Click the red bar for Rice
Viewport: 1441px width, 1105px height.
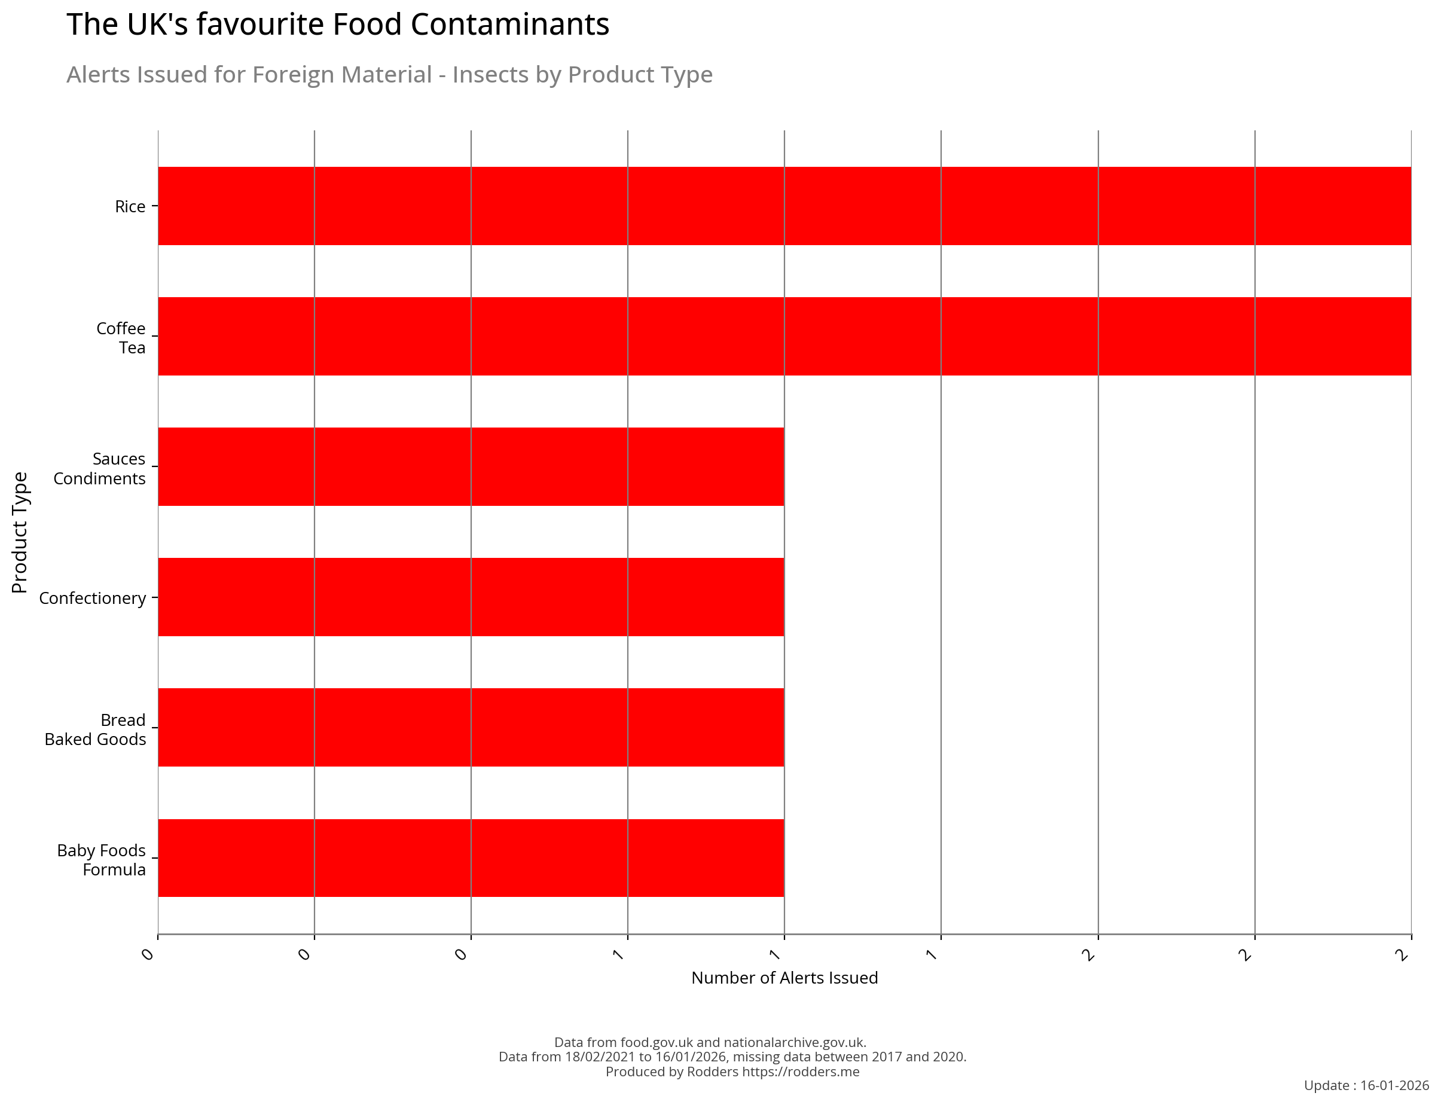click(x=784, y=206)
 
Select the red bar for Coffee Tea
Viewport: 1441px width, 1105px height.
click(x=784, y=336)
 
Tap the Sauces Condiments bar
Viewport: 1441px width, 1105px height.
click(x=471, y=466)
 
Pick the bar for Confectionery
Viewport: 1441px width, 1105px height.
click(x=471, y=597)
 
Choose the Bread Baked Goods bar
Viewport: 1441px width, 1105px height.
click(x=471, y=727)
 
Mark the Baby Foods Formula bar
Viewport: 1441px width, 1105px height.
click(x=471, y=857)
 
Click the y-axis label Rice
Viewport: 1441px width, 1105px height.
click(x=130, y=206)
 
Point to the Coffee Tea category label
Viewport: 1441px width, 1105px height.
click(x=121, y=337)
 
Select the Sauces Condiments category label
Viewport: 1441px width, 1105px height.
click(x=100, y=468)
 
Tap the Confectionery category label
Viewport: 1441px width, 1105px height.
click(x=93, y=598)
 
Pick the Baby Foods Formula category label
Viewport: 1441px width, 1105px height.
click(x=102, y=860)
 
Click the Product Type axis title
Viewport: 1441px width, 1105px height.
click(x=20, y=532)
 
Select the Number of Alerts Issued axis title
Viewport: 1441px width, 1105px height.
click(x=784, y=978)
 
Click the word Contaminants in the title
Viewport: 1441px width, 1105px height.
click(x=509, y=25)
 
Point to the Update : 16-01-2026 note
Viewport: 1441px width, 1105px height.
click(x=1366, y=1085)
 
